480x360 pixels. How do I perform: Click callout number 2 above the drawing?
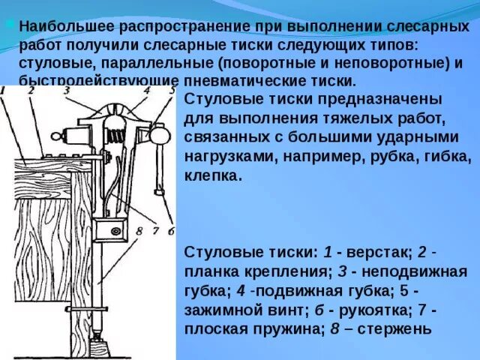pos(31,91)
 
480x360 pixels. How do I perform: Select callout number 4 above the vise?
pos(148,90)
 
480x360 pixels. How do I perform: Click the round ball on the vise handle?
pos(160,136)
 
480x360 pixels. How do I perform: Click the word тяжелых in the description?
pos(352,118)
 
